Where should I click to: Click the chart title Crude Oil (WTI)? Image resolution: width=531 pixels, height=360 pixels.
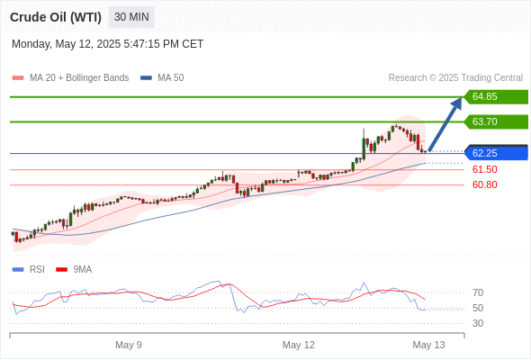pos(56,17)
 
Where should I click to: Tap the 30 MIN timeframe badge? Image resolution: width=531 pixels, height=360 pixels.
pos(131,17)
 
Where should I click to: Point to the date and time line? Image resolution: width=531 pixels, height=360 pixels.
pos(107,44)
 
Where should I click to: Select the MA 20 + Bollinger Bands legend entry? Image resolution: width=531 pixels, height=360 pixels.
pos(70,78)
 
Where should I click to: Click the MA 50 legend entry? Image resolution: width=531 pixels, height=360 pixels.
pos(162,78)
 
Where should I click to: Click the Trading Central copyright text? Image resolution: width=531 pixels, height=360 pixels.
pos(455,78)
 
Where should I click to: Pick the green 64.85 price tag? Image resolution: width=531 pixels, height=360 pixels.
pos(496,97)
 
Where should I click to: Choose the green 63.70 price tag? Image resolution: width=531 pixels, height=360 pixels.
pos(496,121)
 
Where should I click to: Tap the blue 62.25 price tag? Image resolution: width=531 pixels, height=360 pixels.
pos(496,153)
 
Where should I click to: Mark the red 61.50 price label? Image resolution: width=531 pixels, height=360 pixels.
pos(484,169)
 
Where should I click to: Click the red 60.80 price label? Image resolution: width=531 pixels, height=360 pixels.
pos(484,184)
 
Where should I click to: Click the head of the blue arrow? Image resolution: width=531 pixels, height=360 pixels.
pos(457,103)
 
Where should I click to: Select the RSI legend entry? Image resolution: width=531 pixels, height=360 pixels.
pos(29,270)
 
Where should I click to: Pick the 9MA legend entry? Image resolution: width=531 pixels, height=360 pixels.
pos(74,270)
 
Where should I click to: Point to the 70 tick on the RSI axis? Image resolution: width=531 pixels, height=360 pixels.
pos(478,292)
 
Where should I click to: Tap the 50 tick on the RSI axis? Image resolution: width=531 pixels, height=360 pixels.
pos(478,308)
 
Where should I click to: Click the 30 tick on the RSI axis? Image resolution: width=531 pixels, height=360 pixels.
pos(478,323)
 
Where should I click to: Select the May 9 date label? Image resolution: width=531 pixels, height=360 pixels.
pos(129,345)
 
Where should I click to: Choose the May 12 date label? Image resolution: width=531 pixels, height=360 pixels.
pos(298,345)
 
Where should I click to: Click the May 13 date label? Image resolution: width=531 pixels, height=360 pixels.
pos(428,345)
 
